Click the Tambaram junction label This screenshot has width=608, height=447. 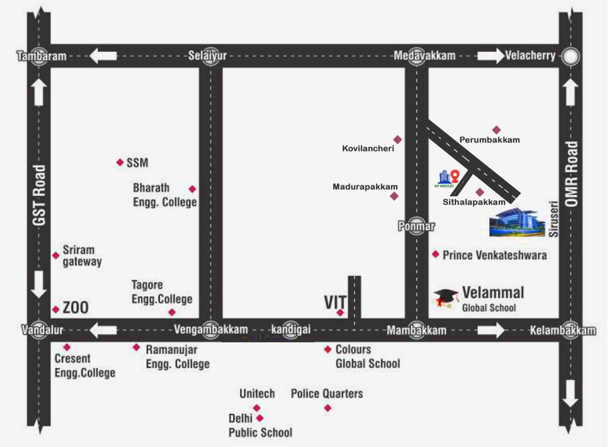coord(41,56)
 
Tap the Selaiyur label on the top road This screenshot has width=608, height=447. coord(207,56)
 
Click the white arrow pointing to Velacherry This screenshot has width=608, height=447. coord(491,56)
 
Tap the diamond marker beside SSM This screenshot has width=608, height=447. coord(120,162)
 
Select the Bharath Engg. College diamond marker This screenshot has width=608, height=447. coord(193,189)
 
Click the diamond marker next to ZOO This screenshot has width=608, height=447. coord(56,309)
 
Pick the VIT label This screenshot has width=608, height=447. coord(335,303)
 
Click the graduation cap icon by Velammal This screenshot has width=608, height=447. coord(446,297)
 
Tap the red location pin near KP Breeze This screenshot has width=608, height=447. coord(456,175)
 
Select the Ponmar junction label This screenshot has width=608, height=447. coord(417,226)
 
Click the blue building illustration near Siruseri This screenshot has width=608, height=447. coord(517,222)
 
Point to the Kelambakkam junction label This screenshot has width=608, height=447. coord(563,331)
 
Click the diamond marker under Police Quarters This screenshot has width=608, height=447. coord(328,407)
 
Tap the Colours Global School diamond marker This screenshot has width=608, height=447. coord(328,349)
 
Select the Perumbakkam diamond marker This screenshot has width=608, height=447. coord(496,130)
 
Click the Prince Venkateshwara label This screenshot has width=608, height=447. coord(495,255)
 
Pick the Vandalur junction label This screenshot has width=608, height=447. coord(42,330)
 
